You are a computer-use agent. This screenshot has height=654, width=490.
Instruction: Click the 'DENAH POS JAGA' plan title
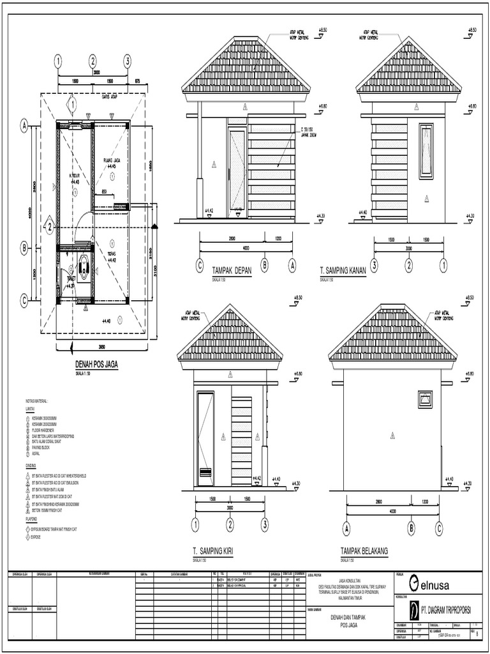[96, 365]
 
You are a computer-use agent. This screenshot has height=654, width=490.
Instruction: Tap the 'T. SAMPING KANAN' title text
[343, 270]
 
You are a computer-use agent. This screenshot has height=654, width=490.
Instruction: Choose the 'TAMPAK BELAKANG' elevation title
[364, 550]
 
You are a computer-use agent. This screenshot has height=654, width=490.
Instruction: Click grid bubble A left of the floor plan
[24, 126]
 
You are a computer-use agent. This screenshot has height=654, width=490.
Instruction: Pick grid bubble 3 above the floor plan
[128, 61]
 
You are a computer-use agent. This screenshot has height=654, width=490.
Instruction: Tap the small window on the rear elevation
[425, 399]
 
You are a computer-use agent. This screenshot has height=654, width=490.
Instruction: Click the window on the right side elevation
[426, 142]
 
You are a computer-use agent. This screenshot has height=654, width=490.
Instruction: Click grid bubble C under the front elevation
[200, 266]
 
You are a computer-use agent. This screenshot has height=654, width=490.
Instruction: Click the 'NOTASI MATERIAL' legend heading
[38, 401]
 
